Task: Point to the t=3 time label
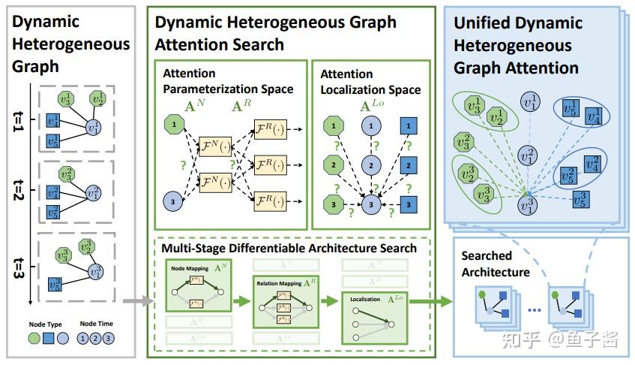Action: (x=17, y=268)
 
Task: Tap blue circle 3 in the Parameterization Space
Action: (x=172, y=201)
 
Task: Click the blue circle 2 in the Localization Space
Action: (x=368, y=164)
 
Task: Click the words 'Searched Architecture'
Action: (x=495, y=264)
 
